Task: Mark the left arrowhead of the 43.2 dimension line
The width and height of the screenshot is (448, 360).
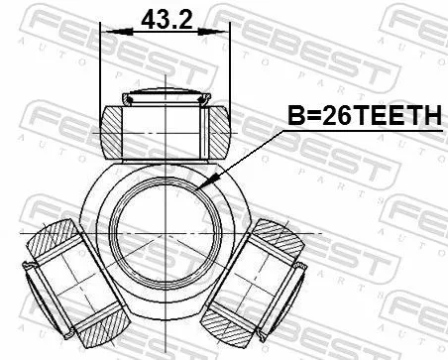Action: [x=106, y=33]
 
